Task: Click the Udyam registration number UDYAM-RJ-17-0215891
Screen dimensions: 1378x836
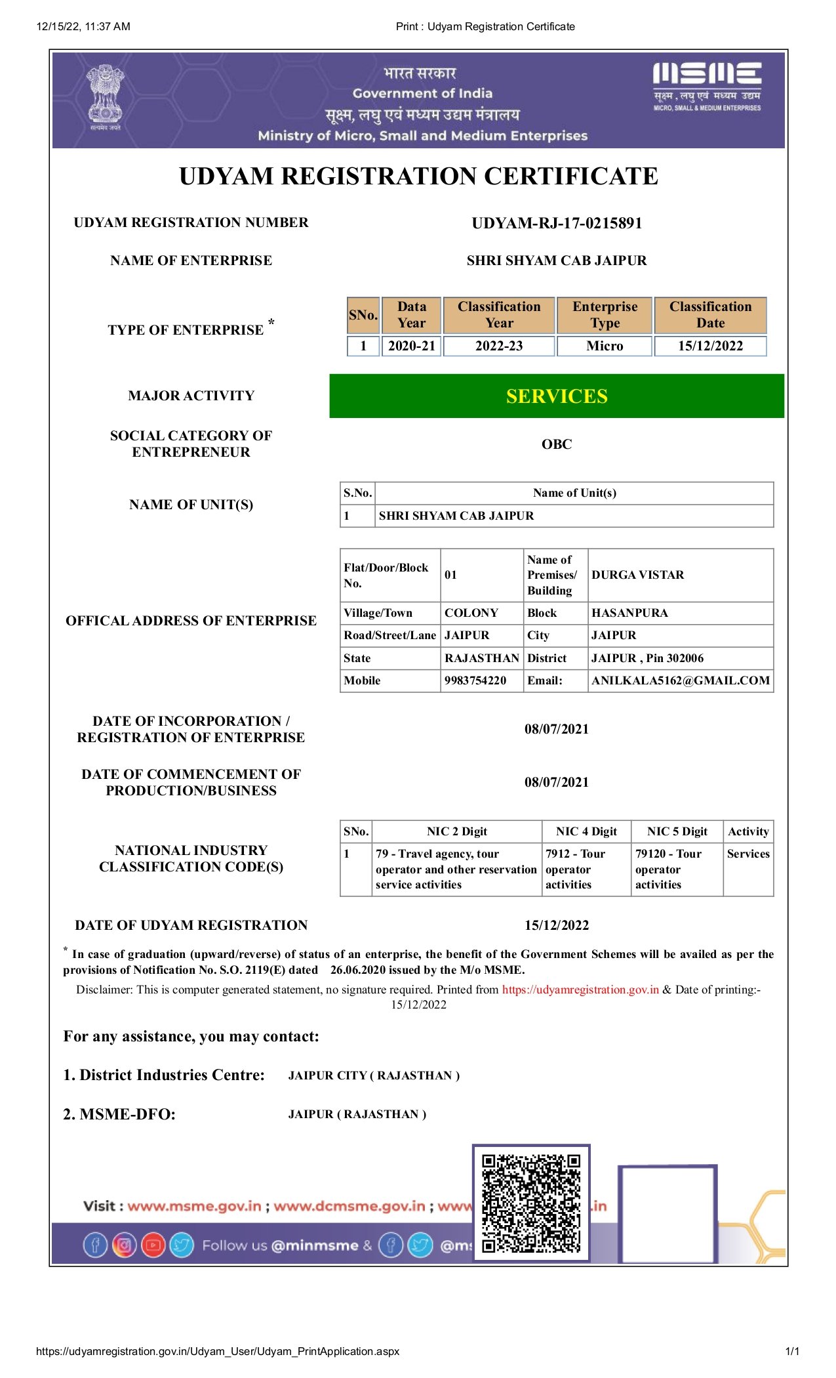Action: [x=557, y=223]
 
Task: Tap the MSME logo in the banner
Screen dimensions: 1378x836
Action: [x=707, y=87]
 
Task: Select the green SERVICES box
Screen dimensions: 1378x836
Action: [x=557, y=396]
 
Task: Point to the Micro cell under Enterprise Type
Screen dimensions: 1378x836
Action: [x=605, y=346]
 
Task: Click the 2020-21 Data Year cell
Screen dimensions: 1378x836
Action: [x=412, y=346]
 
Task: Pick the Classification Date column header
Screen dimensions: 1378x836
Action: [x=710, y=315]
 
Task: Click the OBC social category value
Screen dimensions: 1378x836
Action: [x=557, y=444]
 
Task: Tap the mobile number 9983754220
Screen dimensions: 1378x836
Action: [x=475, y=680]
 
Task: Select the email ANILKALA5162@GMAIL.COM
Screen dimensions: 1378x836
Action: [x=681, y=680]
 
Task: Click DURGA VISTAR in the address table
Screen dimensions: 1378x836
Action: [x=637, y=575]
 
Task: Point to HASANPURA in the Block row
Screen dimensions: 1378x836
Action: [x=629, y=613]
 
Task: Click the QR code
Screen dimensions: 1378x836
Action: [x=531, y=1203]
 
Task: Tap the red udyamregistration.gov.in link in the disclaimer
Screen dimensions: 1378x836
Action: [x=580, y=990]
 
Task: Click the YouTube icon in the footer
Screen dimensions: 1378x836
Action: [x=153, y=1245]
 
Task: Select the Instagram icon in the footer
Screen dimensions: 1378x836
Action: [x=124, y=1245]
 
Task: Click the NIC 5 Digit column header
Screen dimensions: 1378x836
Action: [x=677, y=831]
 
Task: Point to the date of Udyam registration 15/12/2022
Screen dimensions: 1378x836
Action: [x=557, y=925]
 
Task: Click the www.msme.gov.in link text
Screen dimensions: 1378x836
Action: [x=194, y=1206]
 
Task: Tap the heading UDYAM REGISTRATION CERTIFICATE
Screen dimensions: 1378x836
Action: [x=418, y=177]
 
